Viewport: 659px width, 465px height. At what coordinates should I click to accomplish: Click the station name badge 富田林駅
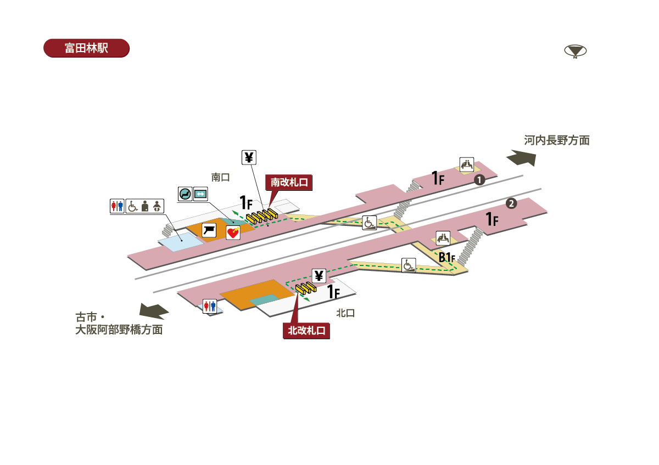(x=86, y=48)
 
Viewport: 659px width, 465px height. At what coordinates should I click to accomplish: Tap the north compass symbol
(x=575, y=51)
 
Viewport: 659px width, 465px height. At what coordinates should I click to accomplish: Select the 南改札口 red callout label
(x=289, y=183)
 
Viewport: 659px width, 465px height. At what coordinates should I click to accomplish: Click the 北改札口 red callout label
(x=306, y=331)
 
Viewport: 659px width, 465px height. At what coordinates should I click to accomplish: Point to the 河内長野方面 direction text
(x=557, y=140)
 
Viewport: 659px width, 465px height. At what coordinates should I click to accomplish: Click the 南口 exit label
(x=220, y=177)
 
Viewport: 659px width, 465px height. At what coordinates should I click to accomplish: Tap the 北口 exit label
(x=345, y=313)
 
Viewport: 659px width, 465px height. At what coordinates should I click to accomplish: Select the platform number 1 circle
(x=479, y=180)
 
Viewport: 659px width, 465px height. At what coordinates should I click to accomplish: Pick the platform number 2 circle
(x=511, y=203)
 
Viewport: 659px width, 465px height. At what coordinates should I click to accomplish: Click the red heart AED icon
(x=233, y=232)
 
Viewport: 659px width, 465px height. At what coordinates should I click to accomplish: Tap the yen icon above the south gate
(x=249, y=157)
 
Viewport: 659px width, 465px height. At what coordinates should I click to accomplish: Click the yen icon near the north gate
(x=319, y=276)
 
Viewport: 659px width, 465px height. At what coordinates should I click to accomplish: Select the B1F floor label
(x=447, y=258)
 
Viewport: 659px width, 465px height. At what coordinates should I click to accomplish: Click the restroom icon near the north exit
(x=210, y=307)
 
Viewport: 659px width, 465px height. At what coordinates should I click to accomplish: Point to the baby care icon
(x=157, y=206)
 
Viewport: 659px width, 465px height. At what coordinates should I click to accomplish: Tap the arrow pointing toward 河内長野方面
(x=521, y=158)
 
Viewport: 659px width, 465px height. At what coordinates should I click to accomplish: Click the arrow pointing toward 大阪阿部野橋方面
(x=154, y=311)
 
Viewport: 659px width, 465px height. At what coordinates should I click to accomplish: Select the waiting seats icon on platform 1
(x=467, y=165)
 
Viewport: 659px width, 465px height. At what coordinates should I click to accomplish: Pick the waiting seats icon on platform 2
(x=443, y=238)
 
